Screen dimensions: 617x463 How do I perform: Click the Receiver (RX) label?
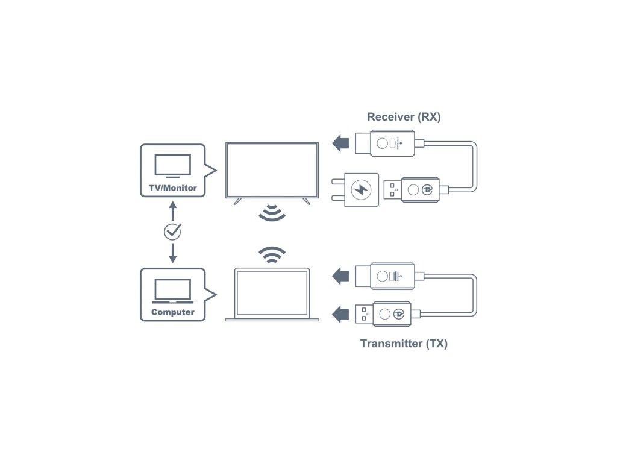(x=404, y=117)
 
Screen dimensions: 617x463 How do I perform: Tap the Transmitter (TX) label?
(x=404, y=344)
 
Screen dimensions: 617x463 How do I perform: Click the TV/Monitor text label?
(x=173, y=188)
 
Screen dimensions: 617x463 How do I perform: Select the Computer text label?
(x=173, y=312)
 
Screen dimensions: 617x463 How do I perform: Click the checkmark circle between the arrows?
(x=172, y=232)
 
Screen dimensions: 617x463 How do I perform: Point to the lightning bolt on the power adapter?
(x=361, y=190)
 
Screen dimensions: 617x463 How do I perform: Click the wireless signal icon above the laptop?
(x=272, y=255)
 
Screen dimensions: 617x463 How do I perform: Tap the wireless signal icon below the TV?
(x=272, y=213)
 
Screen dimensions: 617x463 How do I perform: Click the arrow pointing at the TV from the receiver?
(x=340, y=143)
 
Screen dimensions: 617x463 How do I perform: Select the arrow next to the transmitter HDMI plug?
(x=340, y=276)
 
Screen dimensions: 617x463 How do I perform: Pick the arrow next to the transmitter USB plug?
(x=340, y=314)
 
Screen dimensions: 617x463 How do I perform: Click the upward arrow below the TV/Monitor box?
(x=172, y=211)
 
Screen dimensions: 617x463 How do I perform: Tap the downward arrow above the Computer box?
(x=172, y=253)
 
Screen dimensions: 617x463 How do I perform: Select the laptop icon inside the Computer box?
(x=173, y=291)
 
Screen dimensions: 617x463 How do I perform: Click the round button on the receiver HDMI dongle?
(x=382, y=143)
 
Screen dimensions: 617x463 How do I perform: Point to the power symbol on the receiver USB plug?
(x=427, y=190)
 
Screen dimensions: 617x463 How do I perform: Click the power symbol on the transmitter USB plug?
(x=399, y=314)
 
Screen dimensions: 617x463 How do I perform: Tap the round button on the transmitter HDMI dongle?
(x=382, y=276)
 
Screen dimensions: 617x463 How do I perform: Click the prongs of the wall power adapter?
(x=337, y=190)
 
